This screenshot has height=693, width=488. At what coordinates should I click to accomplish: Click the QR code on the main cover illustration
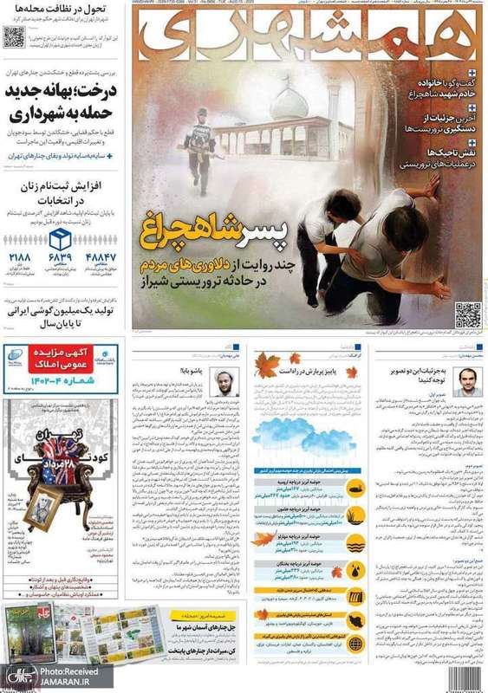466,314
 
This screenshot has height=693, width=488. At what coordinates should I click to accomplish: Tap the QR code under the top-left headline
13,36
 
